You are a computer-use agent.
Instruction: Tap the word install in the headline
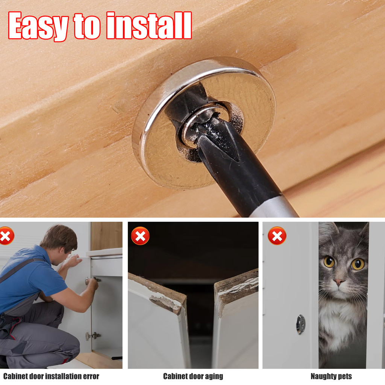click(149, 25)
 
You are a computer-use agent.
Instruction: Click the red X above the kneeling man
click(6, 236)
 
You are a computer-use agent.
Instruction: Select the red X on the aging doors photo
click(140, 236)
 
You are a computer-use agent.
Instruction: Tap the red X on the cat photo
click(277, 236)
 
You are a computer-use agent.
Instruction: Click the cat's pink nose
click(339, 282)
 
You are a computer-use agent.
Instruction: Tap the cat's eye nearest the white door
click(329, 262)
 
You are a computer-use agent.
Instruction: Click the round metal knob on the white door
click(301, 324)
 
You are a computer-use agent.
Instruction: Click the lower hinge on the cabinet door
click(93, 336)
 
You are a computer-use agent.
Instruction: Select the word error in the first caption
click(91, 376)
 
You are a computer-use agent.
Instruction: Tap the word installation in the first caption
click(63, 376)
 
